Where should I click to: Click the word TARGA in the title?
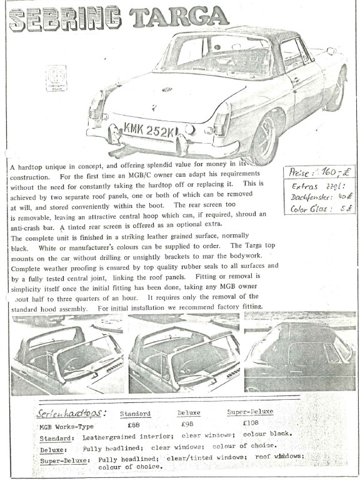pos(180,17)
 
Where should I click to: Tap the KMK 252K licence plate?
pos(150,131)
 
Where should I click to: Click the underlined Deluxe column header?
pos(189,413)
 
